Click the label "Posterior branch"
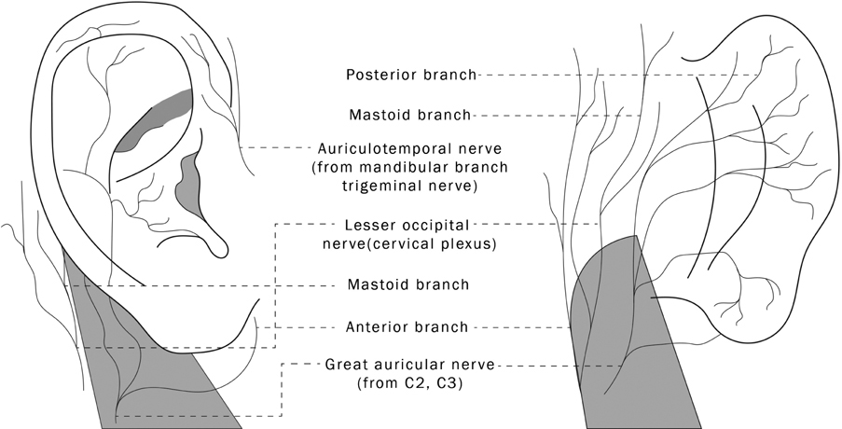(x=411, y=75)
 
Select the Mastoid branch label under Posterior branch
(x=410, y=116)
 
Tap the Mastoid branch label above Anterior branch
(x=407, y=284)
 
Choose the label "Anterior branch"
(x=407, y=327)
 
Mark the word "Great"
(x=344, y=365)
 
